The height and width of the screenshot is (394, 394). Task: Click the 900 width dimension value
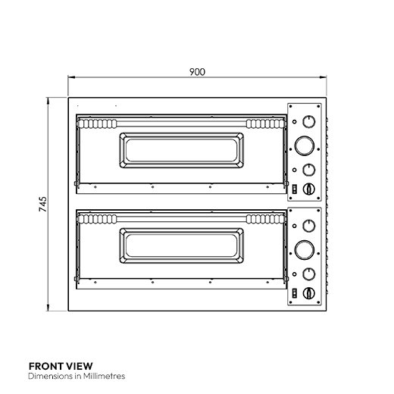(197, 72)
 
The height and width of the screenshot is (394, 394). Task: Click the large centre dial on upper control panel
(305, 144)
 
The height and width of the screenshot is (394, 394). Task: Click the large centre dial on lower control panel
(305, 247)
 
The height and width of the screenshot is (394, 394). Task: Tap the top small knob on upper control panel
(308, 122)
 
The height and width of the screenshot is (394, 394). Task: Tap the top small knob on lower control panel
(308, 225)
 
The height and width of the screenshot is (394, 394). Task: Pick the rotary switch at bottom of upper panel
(308, 188)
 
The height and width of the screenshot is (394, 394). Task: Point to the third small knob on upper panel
(308, 170)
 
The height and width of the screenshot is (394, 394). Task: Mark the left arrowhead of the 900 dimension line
(70, 77)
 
